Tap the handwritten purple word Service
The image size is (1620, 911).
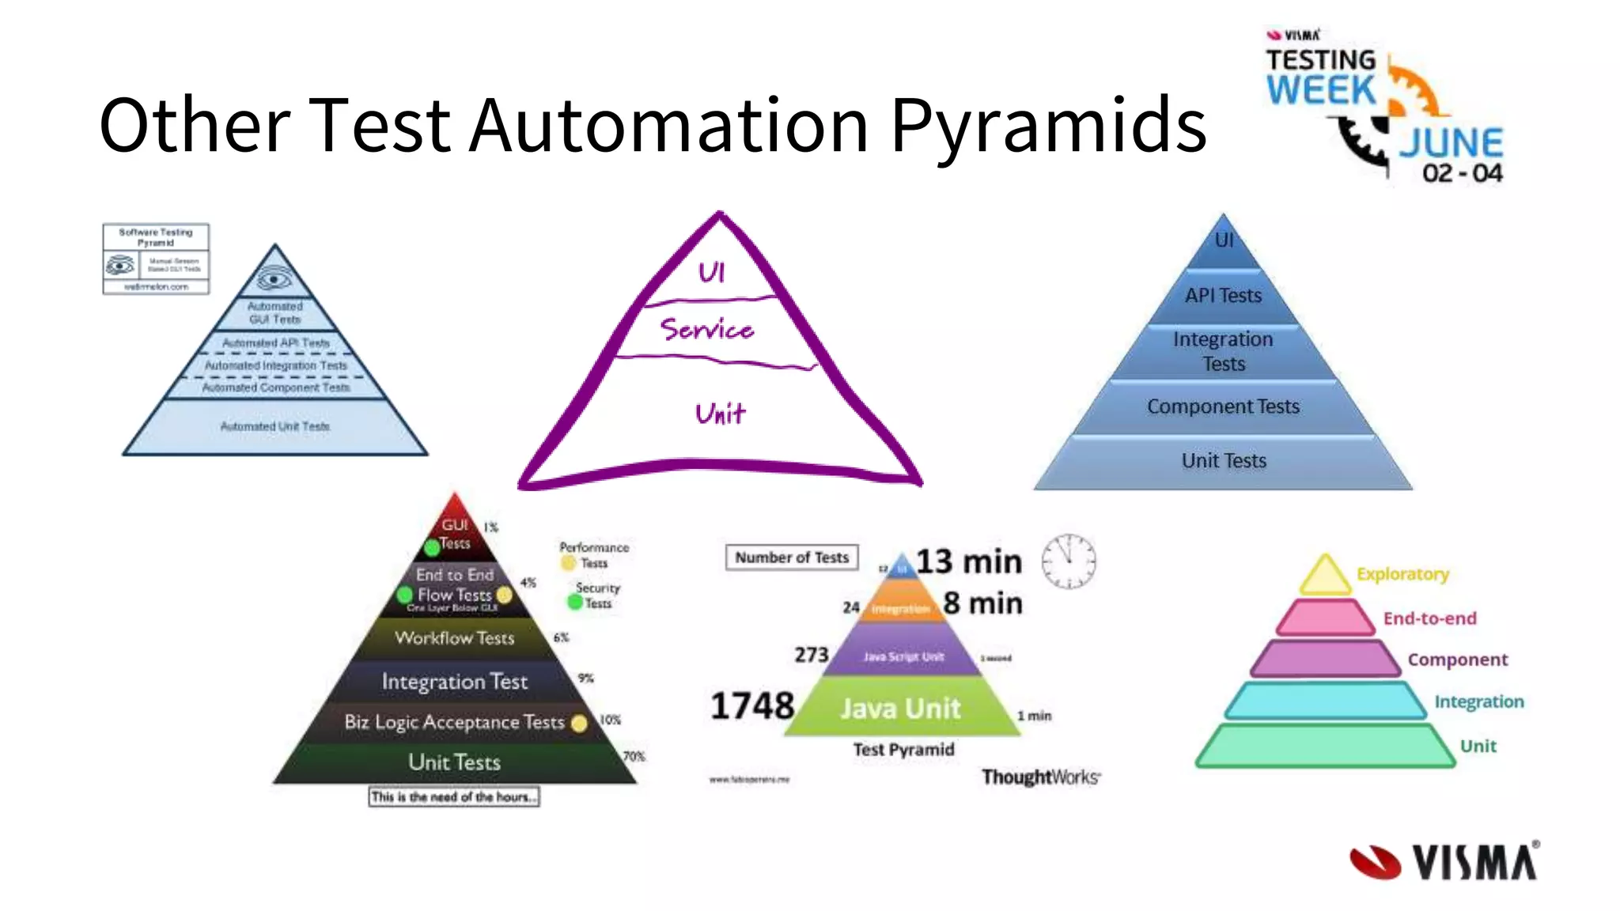(706, 329)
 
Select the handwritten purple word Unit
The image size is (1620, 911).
(719, 414)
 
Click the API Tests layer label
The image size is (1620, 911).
(1223, 296)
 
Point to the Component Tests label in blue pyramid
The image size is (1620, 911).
(1223, 406)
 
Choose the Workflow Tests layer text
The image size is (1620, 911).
(454, 638)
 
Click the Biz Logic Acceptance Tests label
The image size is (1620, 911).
(454, 722)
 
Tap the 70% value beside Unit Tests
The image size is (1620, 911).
(634, 757)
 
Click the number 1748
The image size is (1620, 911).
(751, 705)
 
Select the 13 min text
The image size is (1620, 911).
(968, 561)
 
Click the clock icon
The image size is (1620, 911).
(1068, 561)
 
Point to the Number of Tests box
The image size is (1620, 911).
(791, 558)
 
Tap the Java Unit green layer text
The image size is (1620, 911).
(900, 709)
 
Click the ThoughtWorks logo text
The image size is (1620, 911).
(1040, 777)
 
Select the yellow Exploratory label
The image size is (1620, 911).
(1402, 574)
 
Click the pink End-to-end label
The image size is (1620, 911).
(1429, 618)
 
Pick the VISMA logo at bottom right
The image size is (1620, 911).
(1444, 862)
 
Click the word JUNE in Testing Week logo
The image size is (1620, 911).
(1451, 144)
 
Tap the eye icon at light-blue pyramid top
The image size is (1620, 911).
(274, 279)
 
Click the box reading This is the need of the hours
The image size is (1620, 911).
(454, 797)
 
